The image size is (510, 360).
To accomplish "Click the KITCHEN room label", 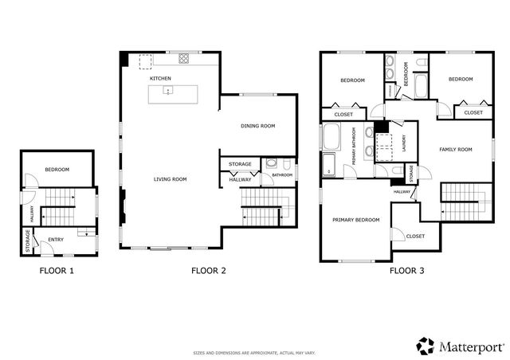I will (161, 79).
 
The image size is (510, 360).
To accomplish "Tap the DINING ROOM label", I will (257, 126).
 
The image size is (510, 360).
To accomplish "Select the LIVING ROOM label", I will (170, 179).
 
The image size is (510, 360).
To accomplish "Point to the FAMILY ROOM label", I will (455, 149).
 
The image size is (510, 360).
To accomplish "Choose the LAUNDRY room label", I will (405, 143).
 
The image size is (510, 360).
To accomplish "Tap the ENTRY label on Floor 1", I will (56, 239).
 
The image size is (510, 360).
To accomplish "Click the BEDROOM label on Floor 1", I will (57, 170).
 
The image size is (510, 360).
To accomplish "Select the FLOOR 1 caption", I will (57, 271).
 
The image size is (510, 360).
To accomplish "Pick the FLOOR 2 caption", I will (209, 271).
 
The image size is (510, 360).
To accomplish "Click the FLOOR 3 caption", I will (406, 271).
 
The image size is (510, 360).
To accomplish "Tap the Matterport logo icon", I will (425, 346).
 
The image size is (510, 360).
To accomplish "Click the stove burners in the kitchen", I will (184, 58).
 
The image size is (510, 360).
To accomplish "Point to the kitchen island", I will (171, 93).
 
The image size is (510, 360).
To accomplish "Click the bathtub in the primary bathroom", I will (331, 136).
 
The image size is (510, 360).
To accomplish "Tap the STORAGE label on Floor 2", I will (240, 164).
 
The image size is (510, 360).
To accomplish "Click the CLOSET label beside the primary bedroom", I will (415, 236).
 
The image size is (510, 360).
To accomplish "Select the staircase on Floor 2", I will (261, 206).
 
